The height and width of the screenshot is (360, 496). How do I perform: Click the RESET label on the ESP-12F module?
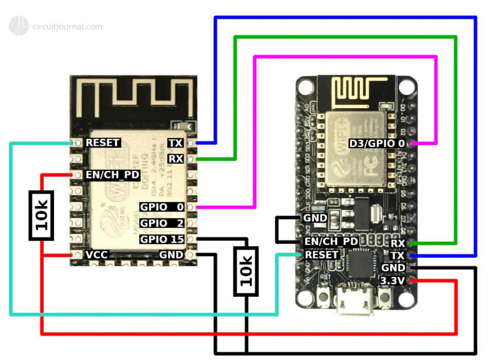tap(103, 142)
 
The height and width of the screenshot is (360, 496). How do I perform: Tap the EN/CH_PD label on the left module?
tap(112, 175)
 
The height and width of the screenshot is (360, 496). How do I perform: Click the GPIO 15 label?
tap(161, 239)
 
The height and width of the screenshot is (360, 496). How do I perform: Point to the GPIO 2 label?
tap(161, 223)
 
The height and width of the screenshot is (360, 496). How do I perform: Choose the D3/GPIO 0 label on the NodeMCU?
tap(377, 143)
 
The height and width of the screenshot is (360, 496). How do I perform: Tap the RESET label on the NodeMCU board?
tap(322, 255)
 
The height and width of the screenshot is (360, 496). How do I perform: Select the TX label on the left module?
tap(175, 142)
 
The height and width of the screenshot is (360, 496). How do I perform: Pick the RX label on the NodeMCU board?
tap(398, 243)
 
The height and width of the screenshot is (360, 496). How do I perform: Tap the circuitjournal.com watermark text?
tap(67, 27)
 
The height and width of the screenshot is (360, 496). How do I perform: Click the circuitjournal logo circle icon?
tap(19, 26)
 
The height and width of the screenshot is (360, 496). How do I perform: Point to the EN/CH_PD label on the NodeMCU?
tap(332, 241)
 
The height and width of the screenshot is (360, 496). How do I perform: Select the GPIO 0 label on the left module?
tap(161, 207)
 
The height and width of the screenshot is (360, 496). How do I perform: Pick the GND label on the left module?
tap(171, 255)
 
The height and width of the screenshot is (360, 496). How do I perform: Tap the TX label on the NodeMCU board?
tap(398, 255)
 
